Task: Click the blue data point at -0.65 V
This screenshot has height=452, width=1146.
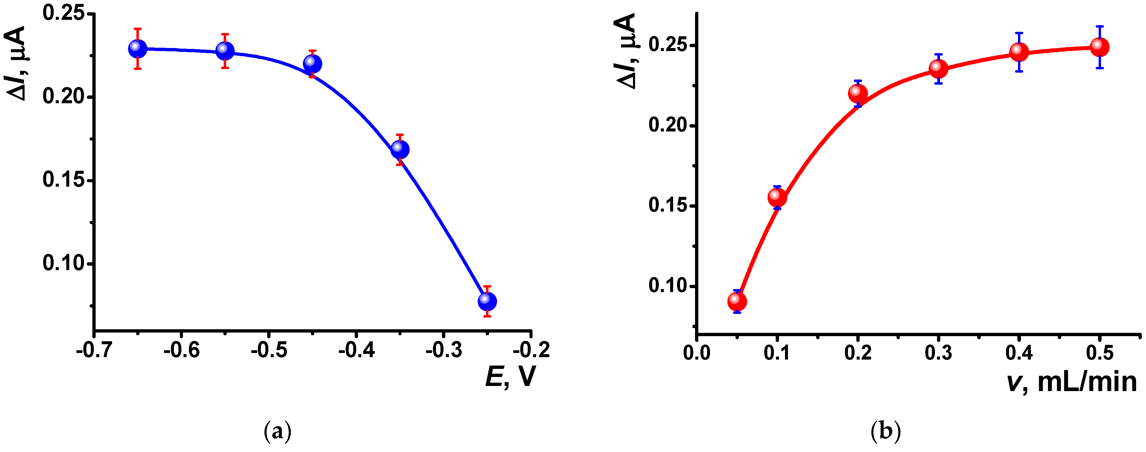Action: click(x=137, y=49)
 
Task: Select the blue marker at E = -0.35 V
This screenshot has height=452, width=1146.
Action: click(x=399, y=150)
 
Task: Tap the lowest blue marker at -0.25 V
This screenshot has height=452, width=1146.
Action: click(x=487, y=301)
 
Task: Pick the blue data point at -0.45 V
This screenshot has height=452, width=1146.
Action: click(x=312, y=64)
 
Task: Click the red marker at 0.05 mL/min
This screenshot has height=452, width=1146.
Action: click(x=737, y=301)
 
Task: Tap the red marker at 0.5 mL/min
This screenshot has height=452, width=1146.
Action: click(x=1099, y=47)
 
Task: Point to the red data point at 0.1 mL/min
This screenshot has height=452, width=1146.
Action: click(x=777, y=197)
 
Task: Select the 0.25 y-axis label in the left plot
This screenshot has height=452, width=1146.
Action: click(x=64, y=14)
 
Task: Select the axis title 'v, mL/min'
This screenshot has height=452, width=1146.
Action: click(x=1071, y=382)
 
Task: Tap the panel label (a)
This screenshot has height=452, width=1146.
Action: click(x=278, y=431)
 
